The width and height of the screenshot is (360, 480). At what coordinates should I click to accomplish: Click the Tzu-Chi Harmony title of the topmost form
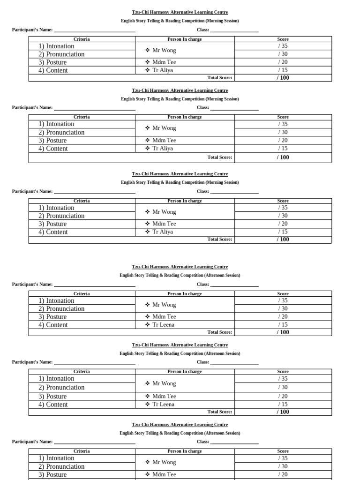click(180, 12)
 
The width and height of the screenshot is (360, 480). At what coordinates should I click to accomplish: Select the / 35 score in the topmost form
click(283, 46)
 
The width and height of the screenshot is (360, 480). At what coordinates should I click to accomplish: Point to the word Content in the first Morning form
click(57, 70)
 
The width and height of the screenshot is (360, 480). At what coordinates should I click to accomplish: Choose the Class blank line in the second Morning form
click(234, 109)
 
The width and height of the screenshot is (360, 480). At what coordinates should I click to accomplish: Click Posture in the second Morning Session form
click(56, 140)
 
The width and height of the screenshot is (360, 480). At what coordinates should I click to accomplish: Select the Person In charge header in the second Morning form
click(184, 117)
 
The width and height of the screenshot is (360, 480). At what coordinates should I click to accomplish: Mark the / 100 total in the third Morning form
click(283, 239)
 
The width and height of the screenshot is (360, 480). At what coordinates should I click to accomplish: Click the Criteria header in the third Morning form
click(82, 201)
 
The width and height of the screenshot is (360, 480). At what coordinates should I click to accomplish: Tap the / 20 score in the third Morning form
click(283, 224)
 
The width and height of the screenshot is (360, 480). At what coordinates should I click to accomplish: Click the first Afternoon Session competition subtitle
click(180, 275)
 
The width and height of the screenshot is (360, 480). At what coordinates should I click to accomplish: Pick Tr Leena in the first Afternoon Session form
click(163, 324)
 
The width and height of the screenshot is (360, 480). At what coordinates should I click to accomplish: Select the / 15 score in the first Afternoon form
click(283, 324)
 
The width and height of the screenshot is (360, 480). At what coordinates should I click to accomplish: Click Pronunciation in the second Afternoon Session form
click(65, 387)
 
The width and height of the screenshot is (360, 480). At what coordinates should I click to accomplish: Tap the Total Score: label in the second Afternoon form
click(219, 412)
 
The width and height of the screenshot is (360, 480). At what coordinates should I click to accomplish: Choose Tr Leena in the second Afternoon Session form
click(163, 404)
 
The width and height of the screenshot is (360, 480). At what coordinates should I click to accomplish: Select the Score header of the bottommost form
click(283, 451)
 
